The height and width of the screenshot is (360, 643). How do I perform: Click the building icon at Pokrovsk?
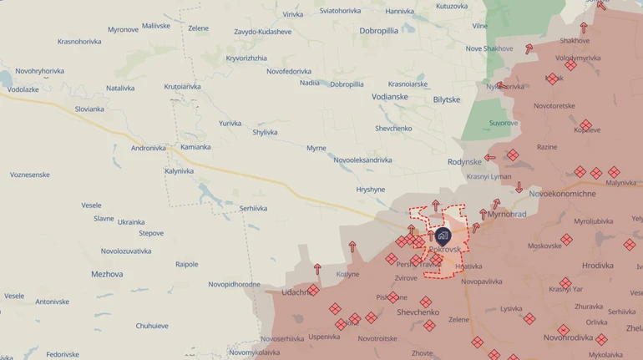442,236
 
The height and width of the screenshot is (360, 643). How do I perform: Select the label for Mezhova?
107,274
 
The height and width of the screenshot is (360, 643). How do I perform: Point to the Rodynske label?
465,162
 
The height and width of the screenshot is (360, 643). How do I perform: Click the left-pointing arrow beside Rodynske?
490,157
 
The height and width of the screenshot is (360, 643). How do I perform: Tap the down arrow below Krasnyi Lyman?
519,188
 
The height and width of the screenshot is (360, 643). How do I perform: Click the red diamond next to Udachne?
313,290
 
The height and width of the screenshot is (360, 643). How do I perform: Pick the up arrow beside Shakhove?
584,28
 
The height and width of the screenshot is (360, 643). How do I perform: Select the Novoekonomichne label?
563,194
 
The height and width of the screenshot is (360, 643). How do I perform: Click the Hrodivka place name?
598,266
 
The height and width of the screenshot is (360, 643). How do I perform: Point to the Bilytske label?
447,100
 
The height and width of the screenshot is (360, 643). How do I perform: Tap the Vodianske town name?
391,97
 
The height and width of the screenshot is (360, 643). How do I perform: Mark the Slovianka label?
89,109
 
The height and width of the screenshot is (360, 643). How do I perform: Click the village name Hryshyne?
371,190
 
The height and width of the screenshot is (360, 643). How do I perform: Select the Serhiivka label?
253,208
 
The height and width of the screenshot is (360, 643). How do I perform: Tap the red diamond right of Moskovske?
566,240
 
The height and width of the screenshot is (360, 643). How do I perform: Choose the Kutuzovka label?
452,6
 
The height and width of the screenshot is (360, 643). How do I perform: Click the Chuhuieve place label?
152,326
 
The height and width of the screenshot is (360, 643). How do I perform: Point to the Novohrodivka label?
568,337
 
